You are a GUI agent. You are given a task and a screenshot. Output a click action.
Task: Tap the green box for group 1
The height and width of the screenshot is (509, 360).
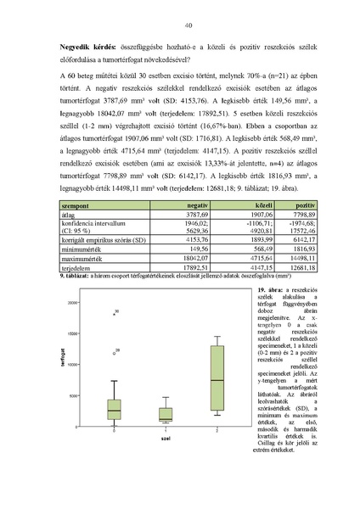coord(166,415)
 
